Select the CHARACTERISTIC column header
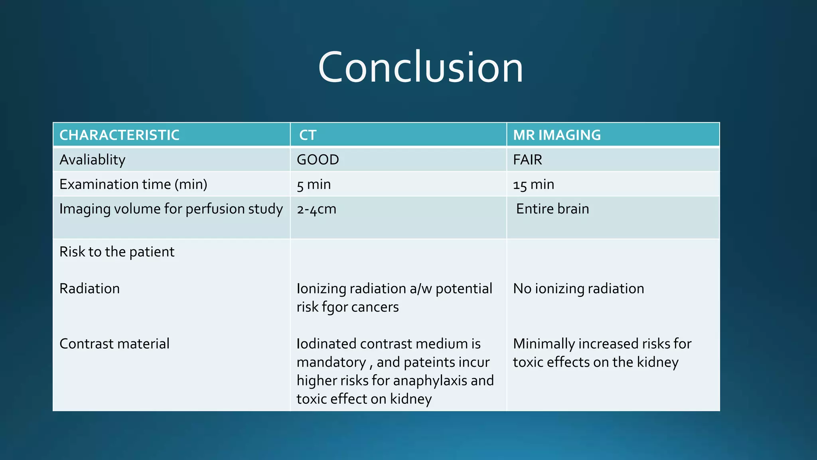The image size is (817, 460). [x=119, y=135]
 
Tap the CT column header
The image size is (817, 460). [x=308, y=135]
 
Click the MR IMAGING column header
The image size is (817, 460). [x=557, y=135]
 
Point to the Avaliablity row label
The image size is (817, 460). [x=92, y=160]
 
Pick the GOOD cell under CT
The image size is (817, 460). [x=318, y=160]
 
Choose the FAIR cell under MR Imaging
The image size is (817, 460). [x=527, y=160]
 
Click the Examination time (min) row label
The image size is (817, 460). [x=133, y=184]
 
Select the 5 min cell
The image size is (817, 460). [x=314, y=184]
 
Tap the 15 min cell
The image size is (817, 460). [x=533, y=184]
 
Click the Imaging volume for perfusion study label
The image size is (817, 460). [x=171, y=209]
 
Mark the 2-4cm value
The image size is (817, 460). [x=316, y=209]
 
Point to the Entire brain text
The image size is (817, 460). [x=552, y=209]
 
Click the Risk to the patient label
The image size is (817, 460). [x=116, y=252]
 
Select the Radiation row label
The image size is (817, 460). [x=89, y=289]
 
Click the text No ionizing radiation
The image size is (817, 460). [x=578, y=289]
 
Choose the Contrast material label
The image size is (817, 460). [x=114, y=344]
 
